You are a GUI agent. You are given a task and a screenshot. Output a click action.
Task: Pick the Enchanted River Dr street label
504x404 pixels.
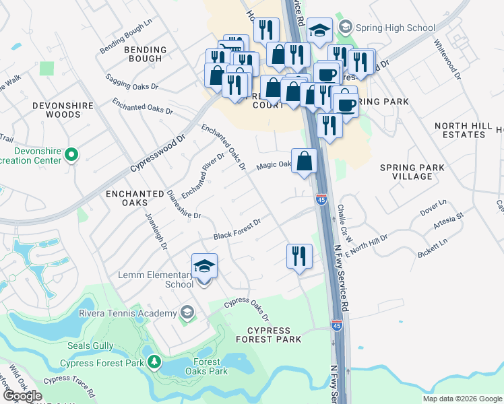[202, 175]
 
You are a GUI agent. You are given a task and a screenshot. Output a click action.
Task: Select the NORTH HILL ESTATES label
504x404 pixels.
[460, 130]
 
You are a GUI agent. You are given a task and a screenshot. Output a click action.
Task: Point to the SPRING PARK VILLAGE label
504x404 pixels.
[412, 171]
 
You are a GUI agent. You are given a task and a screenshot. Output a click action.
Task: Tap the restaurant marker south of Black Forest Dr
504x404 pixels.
[299, 257]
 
